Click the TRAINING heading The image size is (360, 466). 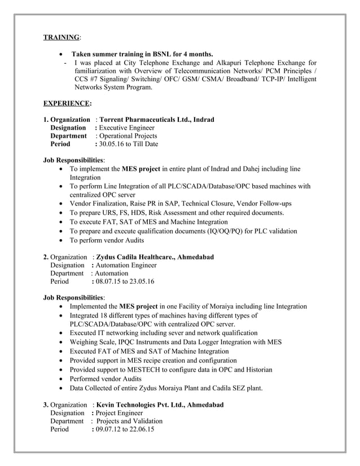click(x=62, y=37)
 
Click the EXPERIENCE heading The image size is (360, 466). click(x=67, y=104)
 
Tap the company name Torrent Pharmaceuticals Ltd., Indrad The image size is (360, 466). click(x=156, y=120)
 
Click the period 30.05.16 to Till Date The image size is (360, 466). click(x=128, y=144)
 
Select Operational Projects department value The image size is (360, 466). click(x=128, y=136)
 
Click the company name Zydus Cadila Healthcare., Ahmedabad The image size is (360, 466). click(x=155, y=257)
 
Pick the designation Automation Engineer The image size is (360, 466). click(x=127, y=265)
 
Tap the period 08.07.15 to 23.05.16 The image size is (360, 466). click(x=126, y=281)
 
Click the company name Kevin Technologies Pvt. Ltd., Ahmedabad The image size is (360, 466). click(x=160, y=405)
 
